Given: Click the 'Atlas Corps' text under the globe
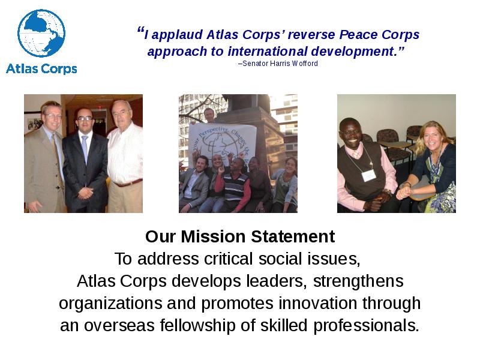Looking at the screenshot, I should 41,68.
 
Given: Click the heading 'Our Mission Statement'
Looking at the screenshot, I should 240,236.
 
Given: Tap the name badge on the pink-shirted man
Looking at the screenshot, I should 368,175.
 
